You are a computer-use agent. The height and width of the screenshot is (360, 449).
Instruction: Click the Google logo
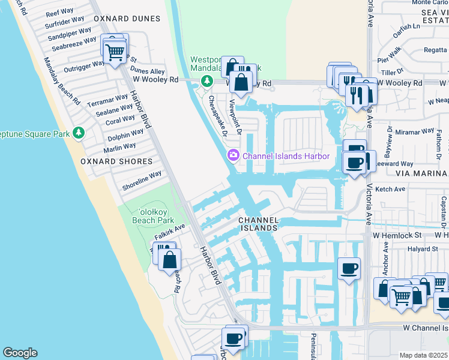(x=20, y=353)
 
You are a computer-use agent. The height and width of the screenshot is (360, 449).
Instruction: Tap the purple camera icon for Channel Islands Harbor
(x=232, y=156)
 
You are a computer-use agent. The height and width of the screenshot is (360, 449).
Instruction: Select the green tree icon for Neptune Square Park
(x=78, y=132)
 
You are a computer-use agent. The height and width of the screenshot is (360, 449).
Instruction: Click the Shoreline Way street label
(x=142, y=180)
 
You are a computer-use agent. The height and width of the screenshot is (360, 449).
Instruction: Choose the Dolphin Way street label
(x=125, y=136)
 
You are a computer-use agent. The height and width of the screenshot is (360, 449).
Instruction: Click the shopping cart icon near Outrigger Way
(x=115, y=52)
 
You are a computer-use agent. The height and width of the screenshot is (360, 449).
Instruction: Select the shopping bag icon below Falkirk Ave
(x=170, y=260)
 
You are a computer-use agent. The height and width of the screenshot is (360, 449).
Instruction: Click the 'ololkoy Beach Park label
(x=152, y=216)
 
